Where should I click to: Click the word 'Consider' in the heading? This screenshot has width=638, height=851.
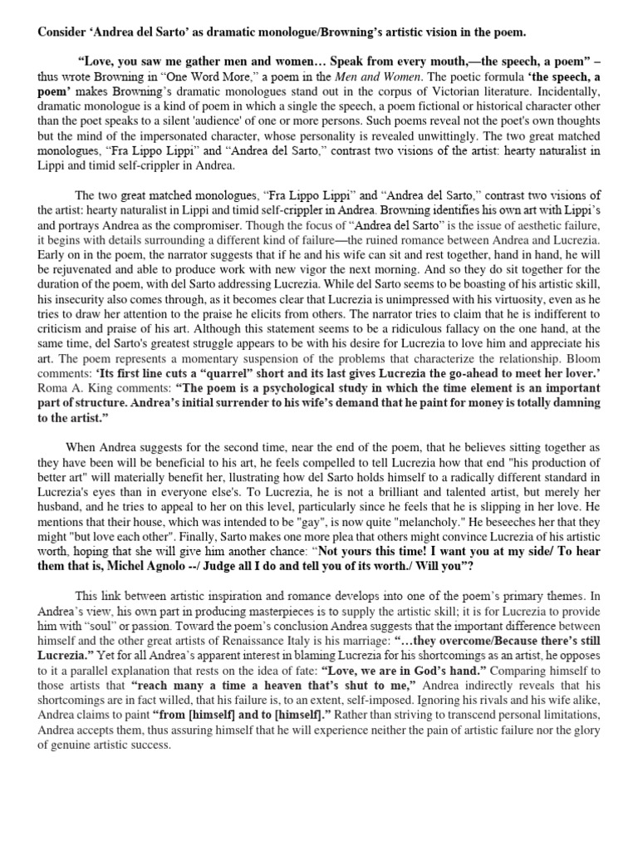[63, 32]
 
